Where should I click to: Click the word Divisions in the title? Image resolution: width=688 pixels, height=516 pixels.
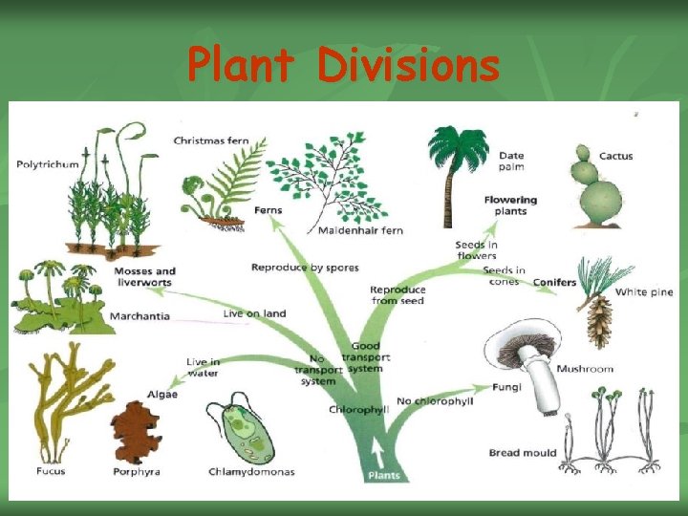point(409,66)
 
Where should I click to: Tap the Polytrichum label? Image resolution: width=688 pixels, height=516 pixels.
point(48,164)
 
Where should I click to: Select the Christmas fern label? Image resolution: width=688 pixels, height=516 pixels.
point(211,141)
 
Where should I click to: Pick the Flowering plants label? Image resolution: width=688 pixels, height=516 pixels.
point(510,205)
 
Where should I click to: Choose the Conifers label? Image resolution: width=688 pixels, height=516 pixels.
point(554,282)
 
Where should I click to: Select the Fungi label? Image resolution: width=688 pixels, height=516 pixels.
point(506,388)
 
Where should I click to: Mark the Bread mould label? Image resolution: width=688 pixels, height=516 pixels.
point(523,452)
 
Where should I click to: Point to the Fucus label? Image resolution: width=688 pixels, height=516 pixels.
point(51,471)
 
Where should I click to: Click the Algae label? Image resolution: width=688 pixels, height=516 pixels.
point(162,394)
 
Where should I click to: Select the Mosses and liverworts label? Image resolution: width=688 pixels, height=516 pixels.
point(145,277)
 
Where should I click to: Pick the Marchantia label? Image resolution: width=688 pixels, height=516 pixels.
point(140,316)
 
